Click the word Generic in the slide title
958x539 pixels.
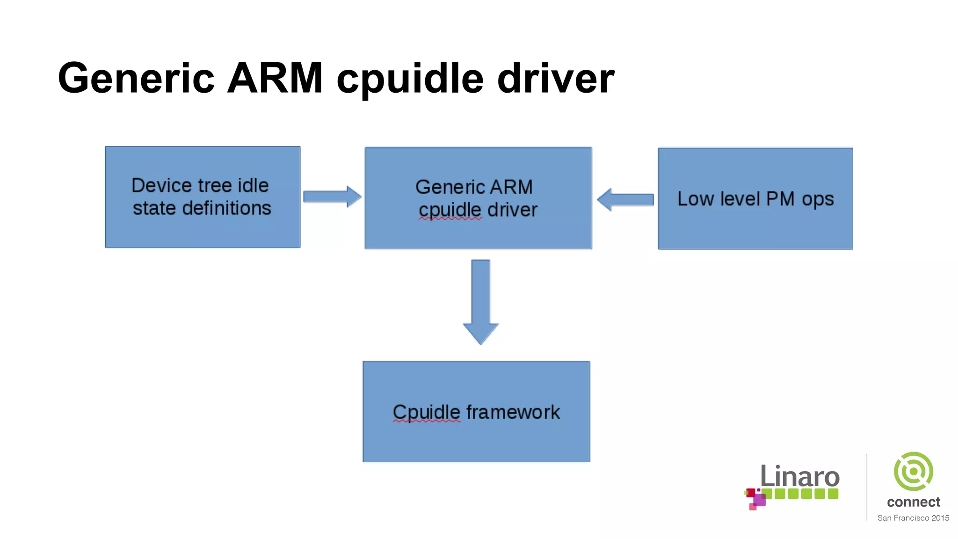click(136, 78)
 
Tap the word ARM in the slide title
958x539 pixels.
click(275, 78)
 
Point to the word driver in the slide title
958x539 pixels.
click(556, 78)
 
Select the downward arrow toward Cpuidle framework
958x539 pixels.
click(480, 302)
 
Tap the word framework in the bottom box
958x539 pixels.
click(513, 412)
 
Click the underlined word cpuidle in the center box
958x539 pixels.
click(450, 211)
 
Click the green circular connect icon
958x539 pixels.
click(913, 471)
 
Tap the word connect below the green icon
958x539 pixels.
click(913, 502)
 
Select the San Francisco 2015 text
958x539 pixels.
click(913, 518)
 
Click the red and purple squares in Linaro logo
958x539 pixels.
click(755, 499)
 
